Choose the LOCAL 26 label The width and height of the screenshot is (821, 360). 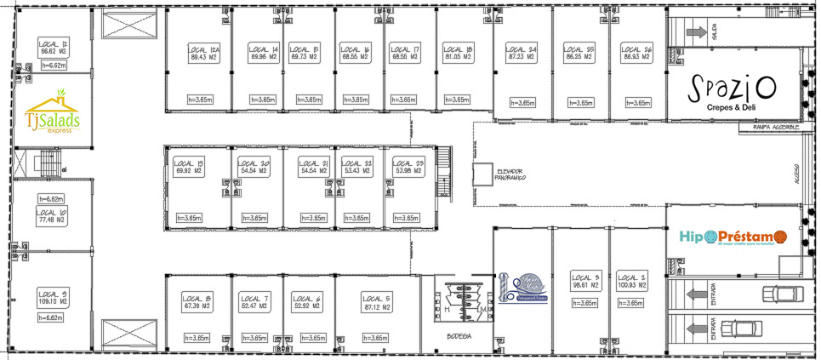[x=636, y=54]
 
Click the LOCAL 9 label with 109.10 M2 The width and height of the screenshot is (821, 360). [x=53, y=298]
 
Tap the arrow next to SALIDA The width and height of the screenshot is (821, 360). [x=687, y=32]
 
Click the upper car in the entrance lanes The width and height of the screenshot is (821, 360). [x=781, y=294]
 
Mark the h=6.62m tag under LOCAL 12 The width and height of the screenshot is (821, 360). [x=52, y=65]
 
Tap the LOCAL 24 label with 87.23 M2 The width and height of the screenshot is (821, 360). [x=521, y=54]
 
